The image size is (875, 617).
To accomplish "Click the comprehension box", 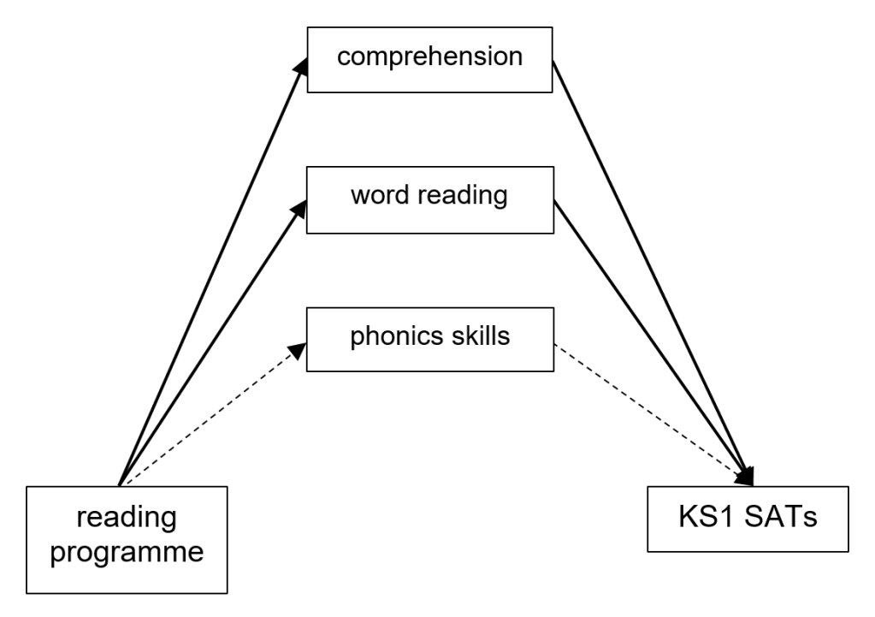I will pos(430,58).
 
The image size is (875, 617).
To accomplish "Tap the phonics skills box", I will pos(430,336).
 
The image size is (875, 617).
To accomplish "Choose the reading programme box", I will pos(127,539).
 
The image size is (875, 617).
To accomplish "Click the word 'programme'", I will pos(127,552).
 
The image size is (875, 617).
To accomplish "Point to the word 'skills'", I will pos(479,335).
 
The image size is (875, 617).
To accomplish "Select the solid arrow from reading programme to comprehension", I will pos(210,274).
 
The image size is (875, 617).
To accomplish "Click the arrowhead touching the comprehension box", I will pos(301,68).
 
